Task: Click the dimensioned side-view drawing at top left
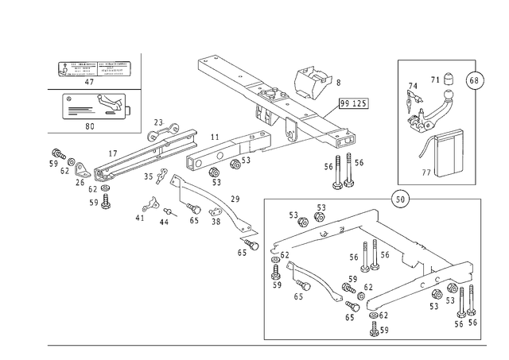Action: point(94,68)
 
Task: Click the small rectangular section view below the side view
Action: point(95,103)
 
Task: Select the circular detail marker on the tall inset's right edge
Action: point(476,80)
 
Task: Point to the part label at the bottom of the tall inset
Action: point(434,170)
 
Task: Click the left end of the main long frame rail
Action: point(64,158)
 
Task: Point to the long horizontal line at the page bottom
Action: point(262,344)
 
